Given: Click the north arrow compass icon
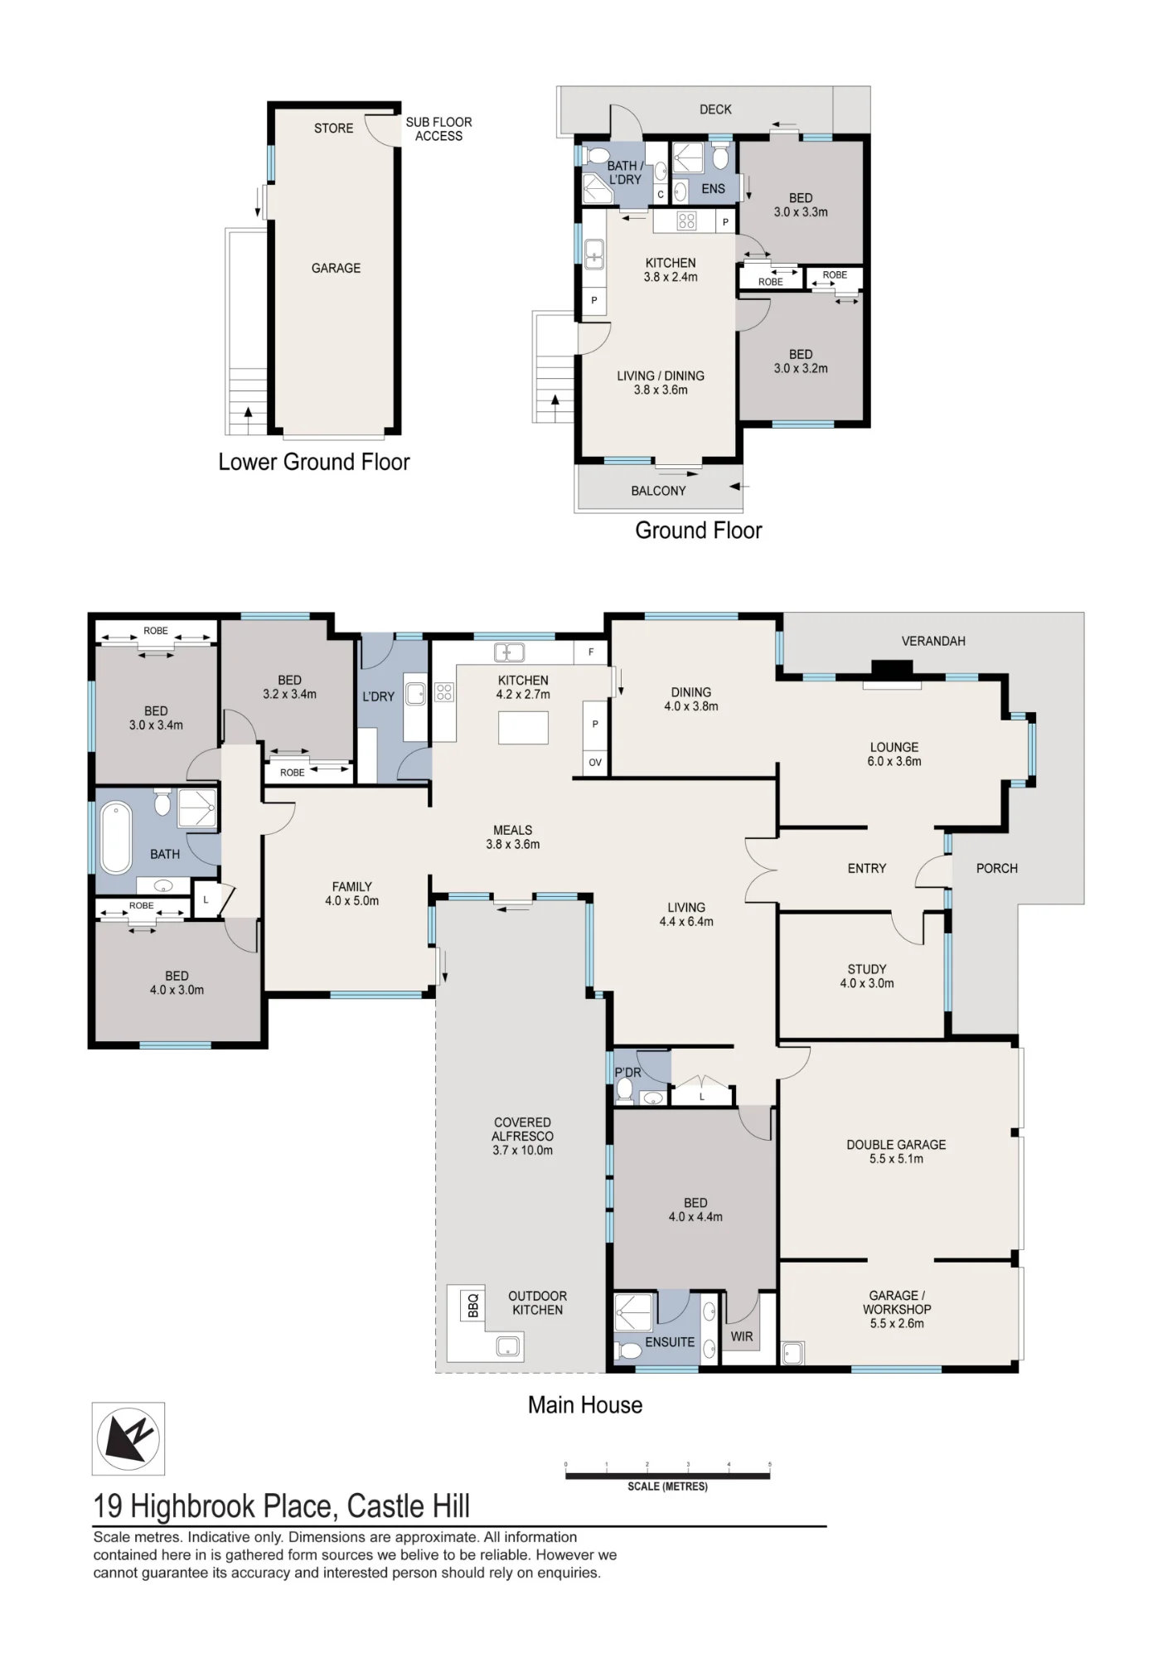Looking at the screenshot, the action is click(x=128, y=1438).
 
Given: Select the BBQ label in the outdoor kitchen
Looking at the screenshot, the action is click(x=473, y=1306).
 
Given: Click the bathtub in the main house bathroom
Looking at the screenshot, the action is click(x=116, y=837).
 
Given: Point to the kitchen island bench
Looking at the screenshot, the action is click(x=523, y=728).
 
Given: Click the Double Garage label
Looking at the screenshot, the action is click(x=896, y=1144).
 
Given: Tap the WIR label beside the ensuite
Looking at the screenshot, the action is click(x=742, y=1336).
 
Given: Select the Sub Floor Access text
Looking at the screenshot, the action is click(x=438, y=128).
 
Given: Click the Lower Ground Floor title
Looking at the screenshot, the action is click(x=314, y=462).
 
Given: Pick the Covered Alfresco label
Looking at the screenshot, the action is click(x=523, y=1129).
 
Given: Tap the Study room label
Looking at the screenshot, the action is click(x=867, y=969).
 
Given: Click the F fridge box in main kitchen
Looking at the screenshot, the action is click(x=591, y=652).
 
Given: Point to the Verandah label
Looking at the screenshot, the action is click(x=933, y=641).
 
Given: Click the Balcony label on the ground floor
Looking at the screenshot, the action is click(x=658, y=491).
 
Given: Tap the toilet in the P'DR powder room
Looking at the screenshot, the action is click(x=626, y=1088).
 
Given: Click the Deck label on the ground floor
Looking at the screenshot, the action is click(x=715, y=109).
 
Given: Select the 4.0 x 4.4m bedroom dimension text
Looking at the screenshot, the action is click(x=695, y=1217).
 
